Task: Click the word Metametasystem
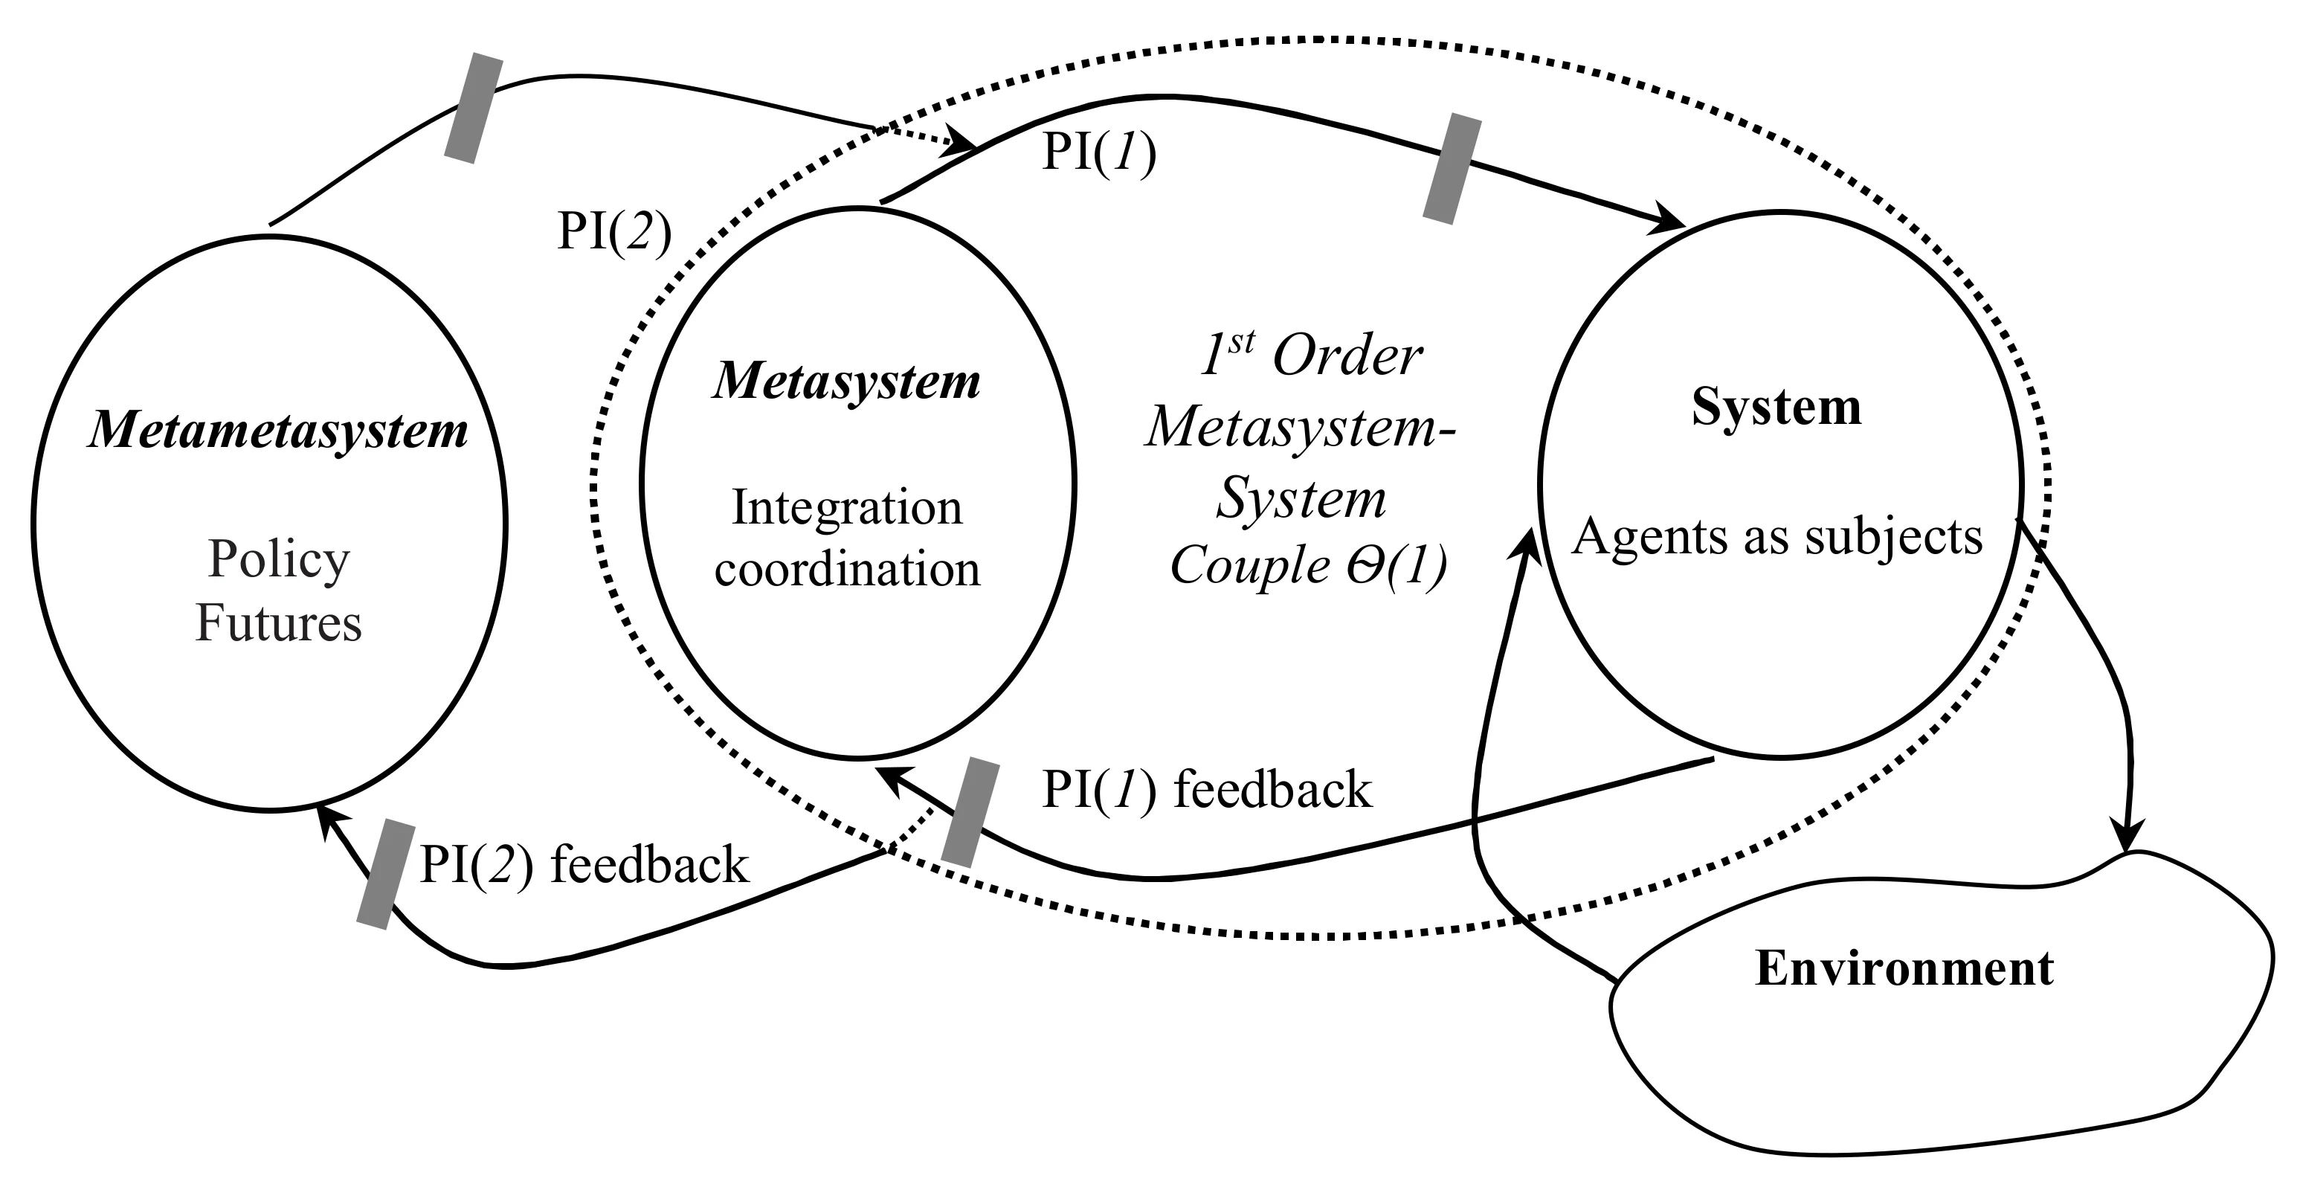coord(277,431)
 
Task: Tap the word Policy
coord(279,560)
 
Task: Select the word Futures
coord(279,622)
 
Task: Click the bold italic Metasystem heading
coord(846,382)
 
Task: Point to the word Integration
coord(847,509)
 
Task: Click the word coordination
coord(847,569)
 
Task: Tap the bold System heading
coord(1776,408)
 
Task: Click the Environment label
coord(1904,968)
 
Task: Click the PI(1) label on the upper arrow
coord(1099,152)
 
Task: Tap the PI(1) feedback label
coord(1206,789)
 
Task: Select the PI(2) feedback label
coord(584,864)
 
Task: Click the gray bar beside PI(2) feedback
coord(386,874)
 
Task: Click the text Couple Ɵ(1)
coord(1309,566)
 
